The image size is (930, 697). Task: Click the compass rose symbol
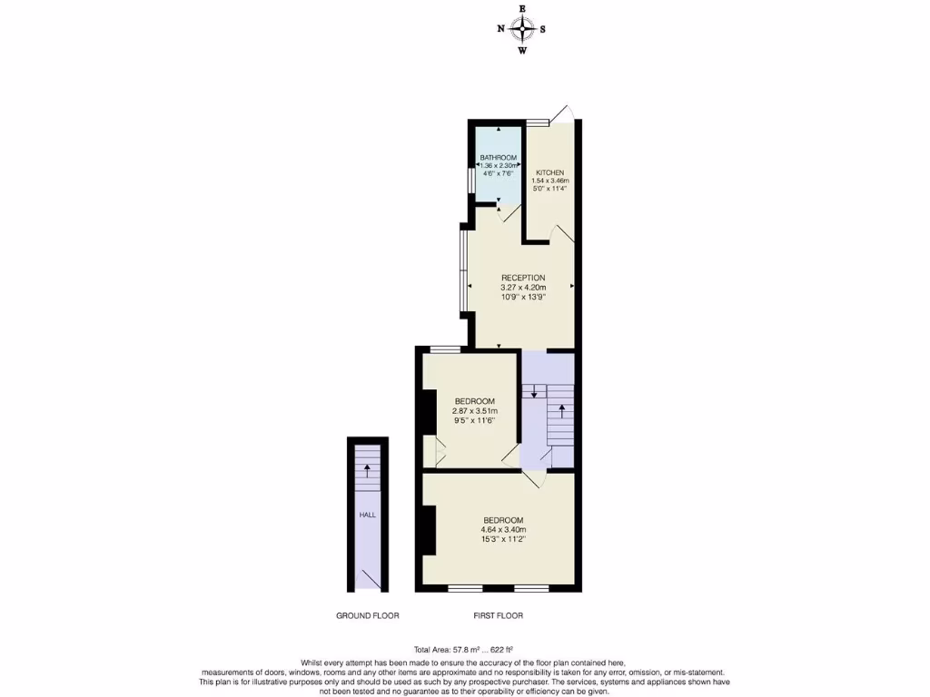pyautogui.click(x=522, y=29)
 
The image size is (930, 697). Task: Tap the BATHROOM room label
pyautogui.click(x=499, y=158)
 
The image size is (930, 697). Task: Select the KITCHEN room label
pyautogui.click(x=549, y=172)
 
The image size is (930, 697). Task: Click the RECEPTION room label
pyautogui.click(x=523, y=278)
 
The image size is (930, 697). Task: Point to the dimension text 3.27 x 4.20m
pyautogui.click(x=523, y=288)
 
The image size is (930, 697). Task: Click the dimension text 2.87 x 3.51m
pyautogui.click(x=475, y=411)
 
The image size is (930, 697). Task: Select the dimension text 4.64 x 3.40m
pyautogui.click(x=504, y=530)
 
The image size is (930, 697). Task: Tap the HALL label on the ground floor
pyautogui.click(x=367, y=515)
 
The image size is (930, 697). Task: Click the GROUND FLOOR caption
pyautogui.click(x=368, y=615)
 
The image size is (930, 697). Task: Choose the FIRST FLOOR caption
pyautogui.click(x=498, y=615)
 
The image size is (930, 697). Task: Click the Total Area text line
pyautogui.click(x=463, y=649)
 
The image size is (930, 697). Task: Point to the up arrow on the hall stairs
pyautogui.click(x=367, y=470)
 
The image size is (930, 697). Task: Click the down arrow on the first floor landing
pyautogui.click(x=534, y=392)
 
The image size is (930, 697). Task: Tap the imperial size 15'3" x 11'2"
pyautogui.click(x=504, y=540)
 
